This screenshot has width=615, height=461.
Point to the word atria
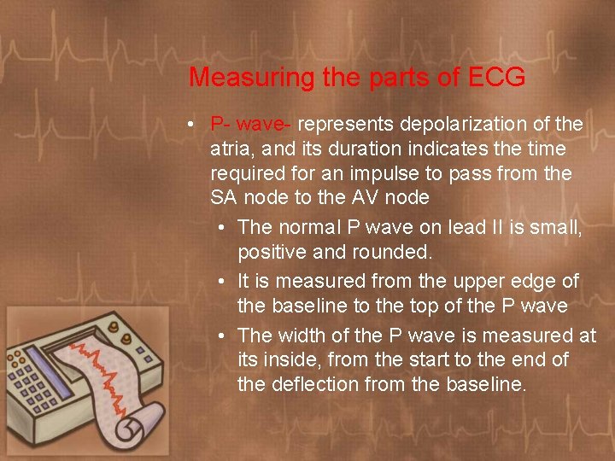(x=232, y=149)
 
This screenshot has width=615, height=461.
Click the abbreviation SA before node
(x=225, y=197)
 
